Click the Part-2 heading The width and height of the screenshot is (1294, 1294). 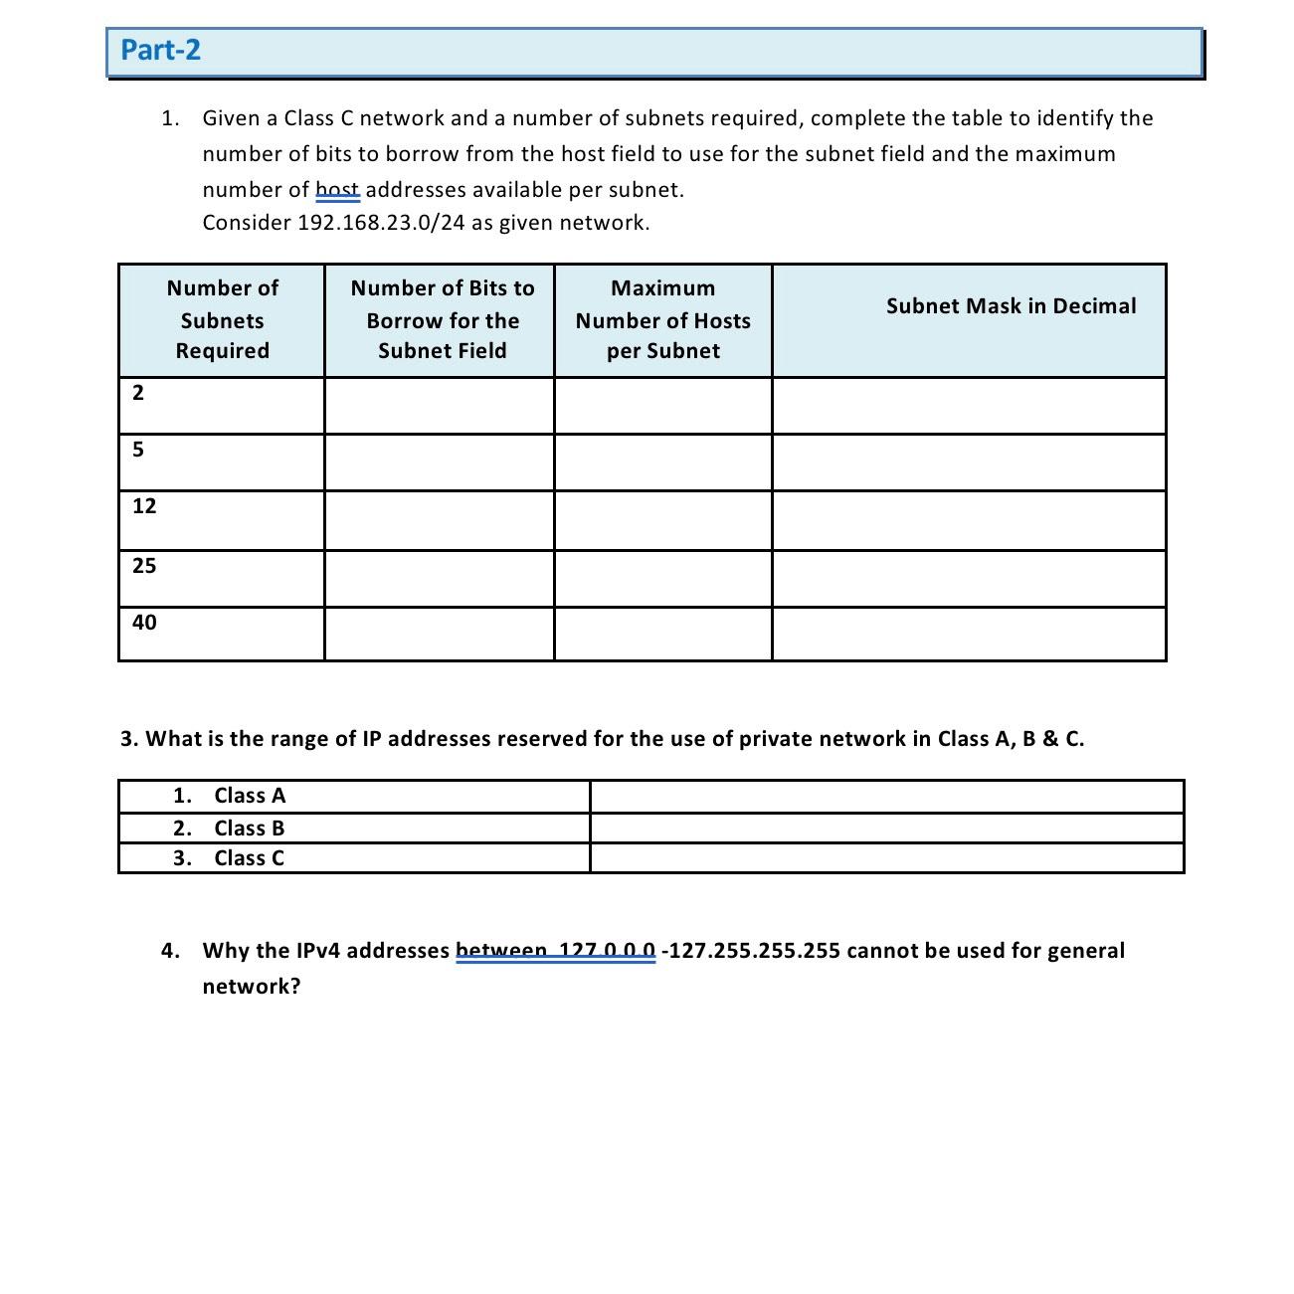coord(160,50)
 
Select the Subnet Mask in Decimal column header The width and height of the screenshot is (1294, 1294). coord(1011,306)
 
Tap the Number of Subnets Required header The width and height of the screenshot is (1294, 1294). coord(222,319)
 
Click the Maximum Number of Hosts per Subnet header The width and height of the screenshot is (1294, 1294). coord(662,319)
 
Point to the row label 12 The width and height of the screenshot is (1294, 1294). coord(144,506)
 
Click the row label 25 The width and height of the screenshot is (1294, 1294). coord(144,566)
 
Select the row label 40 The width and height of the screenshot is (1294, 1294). coord(144,623)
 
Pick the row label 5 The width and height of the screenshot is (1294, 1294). coord(138,450)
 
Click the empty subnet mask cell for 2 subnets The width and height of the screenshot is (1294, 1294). coord(969,406)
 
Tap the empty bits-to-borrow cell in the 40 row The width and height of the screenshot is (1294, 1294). coord(439,634)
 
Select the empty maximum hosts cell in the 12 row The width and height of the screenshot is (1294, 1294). coord(662,520)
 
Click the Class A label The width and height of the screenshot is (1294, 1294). coord(250,796)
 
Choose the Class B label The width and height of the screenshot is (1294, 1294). coord(250,829)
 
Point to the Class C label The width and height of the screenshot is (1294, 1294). coord(250,858)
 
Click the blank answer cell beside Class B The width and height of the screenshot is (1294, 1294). coord(886,829)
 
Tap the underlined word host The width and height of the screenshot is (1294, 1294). coord(337,190)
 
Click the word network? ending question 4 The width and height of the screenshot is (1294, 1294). coord(251,987)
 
